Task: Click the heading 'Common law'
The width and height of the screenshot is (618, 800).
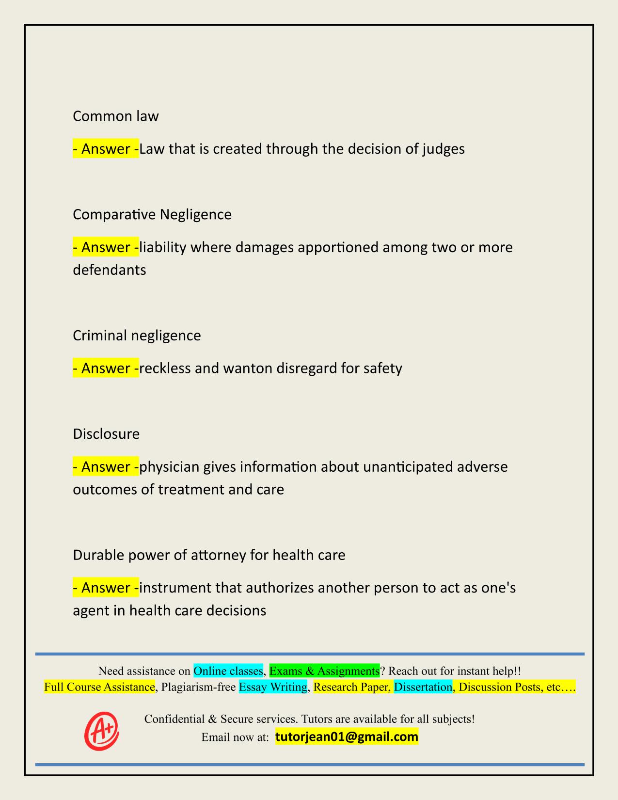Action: click(115, 116)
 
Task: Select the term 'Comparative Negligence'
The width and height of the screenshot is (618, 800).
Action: click(152, 214)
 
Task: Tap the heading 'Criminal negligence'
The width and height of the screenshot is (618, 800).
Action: click(137, 336)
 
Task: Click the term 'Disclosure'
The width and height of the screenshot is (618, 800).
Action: click(106, 434)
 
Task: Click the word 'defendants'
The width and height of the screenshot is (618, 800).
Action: click(109, 270)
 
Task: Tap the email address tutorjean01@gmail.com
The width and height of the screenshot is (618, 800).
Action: click(347, 737)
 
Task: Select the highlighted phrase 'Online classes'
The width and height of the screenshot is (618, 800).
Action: click(228, 671)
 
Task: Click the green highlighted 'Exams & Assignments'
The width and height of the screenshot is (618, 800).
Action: click(324, 671)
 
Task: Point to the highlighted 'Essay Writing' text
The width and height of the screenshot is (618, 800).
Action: click(273, 687)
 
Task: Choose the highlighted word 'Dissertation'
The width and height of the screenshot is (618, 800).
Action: click(423, 687)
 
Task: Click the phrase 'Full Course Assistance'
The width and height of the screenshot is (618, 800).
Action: click(99, 687)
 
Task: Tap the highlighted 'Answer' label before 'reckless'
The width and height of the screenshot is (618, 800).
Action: click(105, 368)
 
